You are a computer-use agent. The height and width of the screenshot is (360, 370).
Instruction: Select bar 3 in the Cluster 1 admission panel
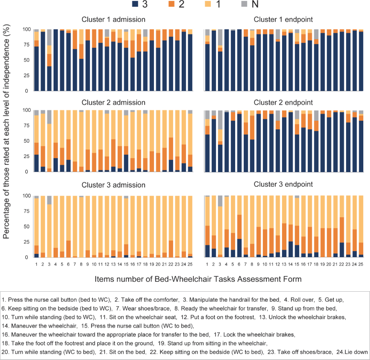(x=49, y=67)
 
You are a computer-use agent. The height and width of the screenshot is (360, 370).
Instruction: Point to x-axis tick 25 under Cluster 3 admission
(x=190, y=264)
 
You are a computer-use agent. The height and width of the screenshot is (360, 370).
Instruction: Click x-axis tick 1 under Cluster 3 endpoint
(x=207, y=264)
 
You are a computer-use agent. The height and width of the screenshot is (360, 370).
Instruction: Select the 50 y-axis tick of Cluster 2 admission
(x=25, y=141)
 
